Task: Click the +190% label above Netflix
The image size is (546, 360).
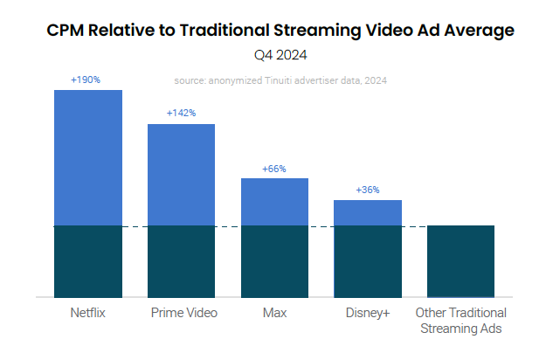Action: pyautogui.click(x=86, y=80)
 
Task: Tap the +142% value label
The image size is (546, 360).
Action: pyautogui.click(x=181, y=113)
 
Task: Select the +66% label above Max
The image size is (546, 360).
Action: pyautogui.click(x=274, y=169)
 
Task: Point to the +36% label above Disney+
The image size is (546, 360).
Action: pyautogui.click(x=368, y=190)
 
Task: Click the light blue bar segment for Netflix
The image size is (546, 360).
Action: pyautogui.click(x=87, y=157)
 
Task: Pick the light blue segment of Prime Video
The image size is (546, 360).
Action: pyautogui.click(x=181, y=175)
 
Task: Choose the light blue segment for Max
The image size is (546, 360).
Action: pyautogui.click(x=274, y=202)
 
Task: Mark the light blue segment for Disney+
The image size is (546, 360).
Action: pyautogui.click(x=368, y=212)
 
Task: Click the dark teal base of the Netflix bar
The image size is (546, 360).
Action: pyautogui.click(x=87, y=261)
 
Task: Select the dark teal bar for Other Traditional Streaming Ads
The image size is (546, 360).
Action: pyautogui.click(x=461, y=261)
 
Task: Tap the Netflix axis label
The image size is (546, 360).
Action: pyautogui.click(x=87, y=313)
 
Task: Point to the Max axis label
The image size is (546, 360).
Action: pyautogui.click(x=274, y=313)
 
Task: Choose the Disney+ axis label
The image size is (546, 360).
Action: pyautogui.click(x=368, y=313)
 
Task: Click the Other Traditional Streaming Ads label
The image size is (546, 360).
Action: pyautogui.click(x=461, y=321)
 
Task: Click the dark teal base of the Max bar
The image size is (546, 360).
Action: pyautogui.click(x=274, y=261)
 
